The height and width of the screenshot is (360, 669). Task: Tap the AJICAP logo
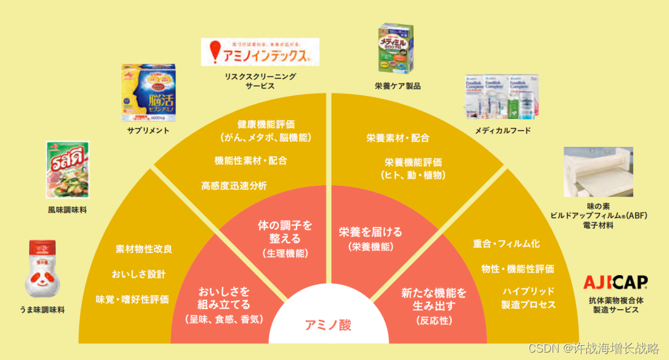click(x=615, y=283)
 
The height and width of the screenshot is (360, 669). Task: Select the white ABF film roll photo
click(x=598, y=172)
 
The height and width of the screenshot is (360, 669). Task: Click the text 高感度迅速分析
click(x=234, y=185)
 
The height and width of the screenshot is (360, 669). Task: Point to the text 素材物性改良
click(x=144, y=249)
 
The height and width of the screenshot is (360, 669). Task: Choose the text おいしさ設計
click(x=139, y=274)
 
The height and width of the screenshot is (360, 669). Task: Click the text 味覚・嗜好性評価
click(x=132, y=299)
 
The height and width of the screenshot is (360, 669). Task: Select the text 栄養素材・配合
click(x=398, y=138)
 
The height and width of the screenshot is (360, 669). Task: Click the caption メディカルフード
click(x=502, y=131)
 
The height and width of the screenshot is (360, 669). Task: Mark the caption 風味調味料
click(x=67, y=210)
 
